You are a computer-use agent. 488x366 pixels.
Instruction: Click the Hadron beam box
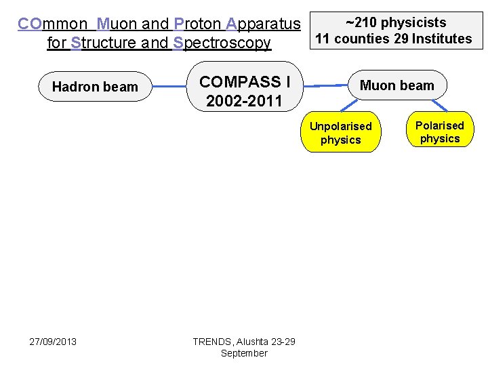click(x=95, y=86)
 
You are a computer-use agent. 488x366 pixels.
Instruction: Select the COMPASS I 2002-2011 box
click(x=244, y=91)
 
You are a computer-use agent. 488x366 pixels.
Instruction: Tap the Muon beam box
click(x=396, y=85)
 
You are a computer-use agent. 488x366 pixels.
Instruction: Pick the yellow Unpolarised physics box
click(x=340, y=133)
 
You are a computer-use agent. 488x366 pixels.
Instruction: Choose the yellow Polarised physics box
click(x=439, y=132)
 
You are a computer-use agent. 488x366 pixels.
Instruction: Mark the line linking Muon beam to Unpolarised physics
click(x=348, y=105)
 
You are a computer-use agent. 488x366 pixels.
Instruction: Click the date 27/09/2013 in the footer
click(x=53, y=341)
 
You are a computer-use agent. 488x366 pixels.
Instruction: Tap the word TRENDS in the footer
click(x=211, y=342)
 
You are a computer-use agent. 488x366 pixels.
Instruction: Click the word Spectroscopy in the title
click(x=222, y=43)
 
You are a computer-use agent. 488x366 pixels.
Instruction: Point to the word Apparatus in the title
click(x=264, y=24)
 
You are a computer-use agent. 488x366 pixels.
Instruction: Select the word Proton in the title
click(x=198, y=24)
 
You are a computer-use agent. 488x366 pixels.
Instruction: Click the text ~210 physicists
click(x=396, y=23)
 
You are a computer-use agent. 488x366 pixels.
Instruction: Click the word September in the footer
click(x=244, y=353)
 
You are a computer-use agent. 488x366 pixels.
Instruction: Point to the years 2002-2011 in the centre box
click(x=244, y=102)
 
